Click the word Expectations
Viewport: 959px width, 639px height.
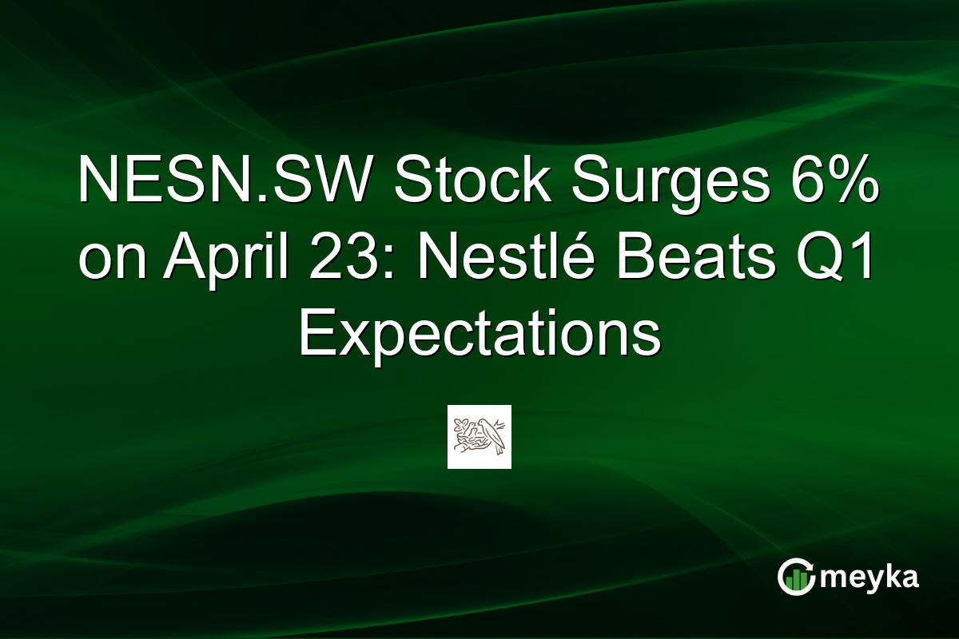[479, 335]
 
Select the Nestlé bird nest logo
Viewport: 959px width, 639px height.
[479, 436]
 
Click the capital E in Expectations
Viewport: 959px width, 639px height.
[313, 335]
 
